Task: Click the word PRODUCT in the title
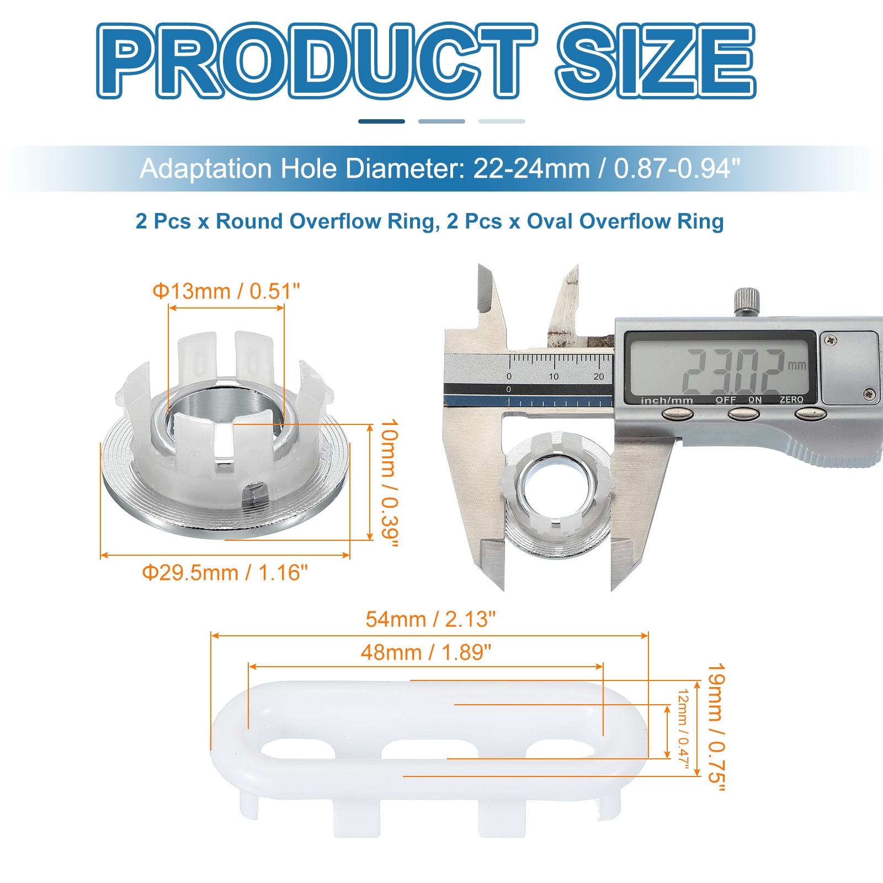coord(316,61)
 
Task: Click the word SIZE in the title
coord(656,61)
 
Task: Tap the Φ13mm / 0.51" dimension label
coord(226,291)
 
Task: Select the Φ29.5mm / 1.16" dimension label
coord(225,573)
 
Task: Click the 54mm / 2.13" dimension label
coord(430,619)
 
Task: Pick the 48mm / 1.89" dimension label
coord(426,652)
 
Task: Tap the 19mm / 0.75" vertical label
coord(716,727)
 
